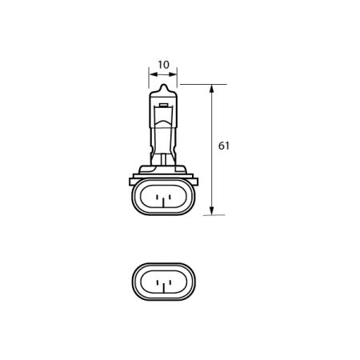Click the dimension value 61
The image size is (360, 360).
point(224,146)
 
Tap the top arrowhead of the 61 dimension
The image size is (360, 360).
point(211,88)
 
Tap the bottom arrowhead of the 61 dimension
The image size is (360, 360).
point(211,210)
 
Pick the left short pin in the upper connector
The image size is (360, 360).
point(158,196)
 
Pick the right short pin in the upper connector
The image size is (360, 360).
point(169,196)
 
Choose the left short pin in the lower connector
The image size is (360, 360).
point(158,282)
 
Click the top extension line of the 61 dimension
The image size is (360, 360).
point(200,84)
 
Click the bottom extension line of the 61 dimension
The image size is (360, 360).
point(204,214)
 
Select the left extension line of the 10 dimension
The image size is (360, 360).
point(149,80)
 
